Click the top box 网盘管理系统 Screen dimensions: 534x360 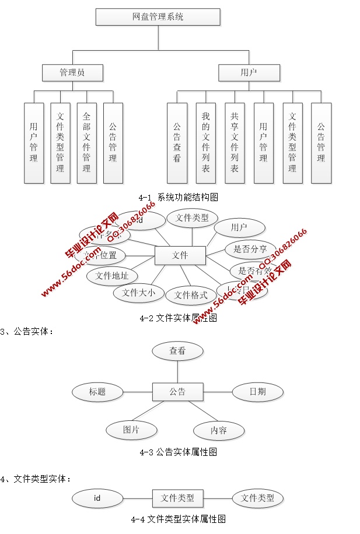tap(158, 17)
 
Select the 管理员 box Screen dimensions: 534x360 tap(72, 73)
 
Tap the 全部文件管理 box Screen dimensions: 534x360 tap(86, 143)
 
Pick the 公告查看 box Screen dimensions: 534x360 tap(177, 143)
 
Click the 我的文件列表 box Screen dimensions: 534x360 tap(205, 143)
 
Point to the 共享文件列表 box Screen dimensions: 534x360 tap(235, 143)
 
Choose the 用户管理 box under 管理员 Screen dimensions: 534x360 tap(34, 143)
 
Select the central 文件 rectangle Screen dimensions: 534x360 tap(180, 255)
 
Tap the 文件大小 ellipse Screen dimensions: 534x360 tap(138, 293)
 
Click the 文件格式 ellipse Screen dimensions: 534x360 tap(191, 296)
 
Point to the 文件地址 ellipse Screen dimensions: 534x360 tap(112, 276)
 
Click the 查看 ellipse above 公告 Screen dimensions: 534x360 tap(177, 351)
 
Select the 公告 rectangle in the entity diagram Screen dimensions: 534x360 tap(177, 392)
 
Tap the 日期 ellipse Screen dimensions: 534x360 tap(257, 392)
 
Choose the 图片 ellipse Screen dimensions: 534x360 tap(131, 430)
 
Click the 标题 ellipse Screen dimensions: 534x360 tap(97, 392)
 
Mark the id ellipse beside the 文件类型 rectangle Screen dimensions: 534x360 tap(97, 498)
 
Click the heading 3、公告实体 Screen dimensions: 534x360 tap(29, 332)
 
